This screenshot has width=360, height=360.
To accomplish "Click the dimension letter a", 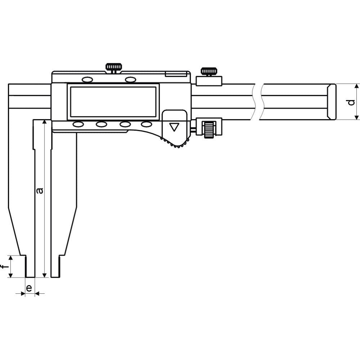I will click(40, 190).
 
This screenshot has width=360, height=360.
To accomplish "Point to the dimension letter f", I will click(4, 267).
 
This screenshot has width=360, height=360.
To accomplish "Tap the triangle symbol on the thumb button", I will click(175, 127).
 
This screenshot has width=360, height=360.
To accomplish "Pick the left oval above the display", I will click(87, 79).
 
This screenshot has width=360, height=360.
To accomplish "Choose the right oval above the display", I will click(130, 79).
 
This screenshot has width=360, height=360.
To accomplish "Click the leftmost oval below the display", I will click(78, 125).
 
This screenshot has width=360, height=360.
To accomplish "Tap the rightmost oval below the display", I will click(147, 125).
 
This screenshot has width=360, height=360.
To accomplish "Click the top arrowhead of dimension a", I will click(44, 123).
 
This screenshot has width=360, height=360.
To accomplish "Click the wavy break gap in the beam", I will click(258, 102).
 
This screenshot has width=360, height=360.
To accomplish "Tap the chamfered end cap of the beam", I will click(332, 102).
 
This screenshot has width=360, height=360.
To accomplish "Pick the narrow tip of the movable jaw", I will click(55, 266).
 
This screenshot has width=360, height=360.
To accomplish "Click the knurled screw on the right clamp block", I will click(208, 71).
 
